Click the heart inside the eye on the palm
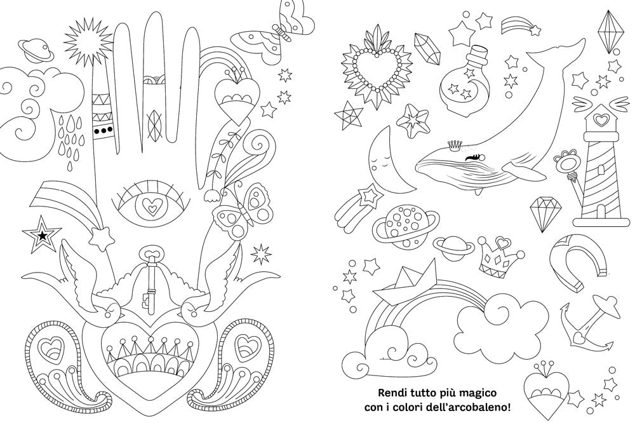150,205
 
